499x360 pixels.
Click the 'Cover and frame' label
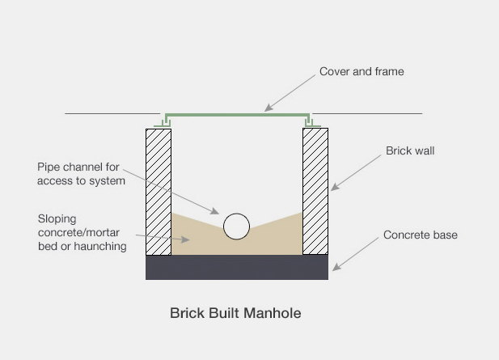click(361, 72)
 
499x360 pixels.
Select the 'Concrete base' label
click(420, 235)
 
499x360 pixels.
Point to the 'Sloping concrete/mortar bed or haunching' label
click(82, 232)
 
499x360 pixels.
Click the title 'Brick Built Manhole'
click(235, 312)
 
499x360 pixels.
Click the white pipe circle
click(236, 227)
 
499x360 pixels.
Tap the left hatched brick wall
click(159, 190)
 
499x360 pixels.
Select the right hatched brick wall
click(315, 190)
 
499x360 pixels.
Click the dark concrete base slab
click(237, 267)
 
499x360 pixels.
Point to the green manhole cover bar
click(236, 114)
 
